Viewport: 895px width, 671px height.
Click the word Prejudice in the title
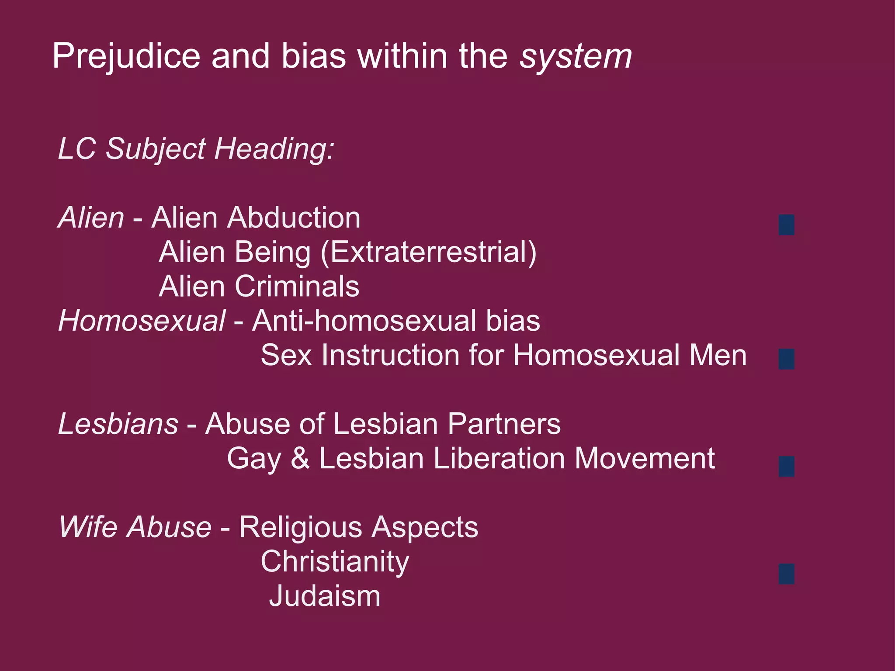[126, 56]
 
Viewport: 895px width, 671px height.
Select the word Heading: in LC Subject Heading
[274, 149]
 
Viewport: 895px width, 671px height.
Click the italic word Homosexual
[142, 321]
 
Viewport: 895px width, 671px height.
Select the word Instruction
[390, 355]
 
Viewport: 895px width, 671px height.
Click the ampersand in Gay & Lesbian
[300, 458]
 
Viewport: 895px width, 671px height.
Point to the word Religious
[301, 527]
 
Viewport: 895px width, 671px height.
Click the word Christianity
[335, 562]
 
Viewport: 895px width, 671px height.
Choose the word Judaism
[325, 596]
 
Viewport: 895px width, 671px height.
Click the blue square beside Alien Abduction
[786, 225]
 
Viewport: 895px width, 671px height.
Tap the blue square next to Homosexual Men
[786, 359]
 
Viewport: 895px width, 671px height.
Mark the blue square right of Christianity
[786, 574]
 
